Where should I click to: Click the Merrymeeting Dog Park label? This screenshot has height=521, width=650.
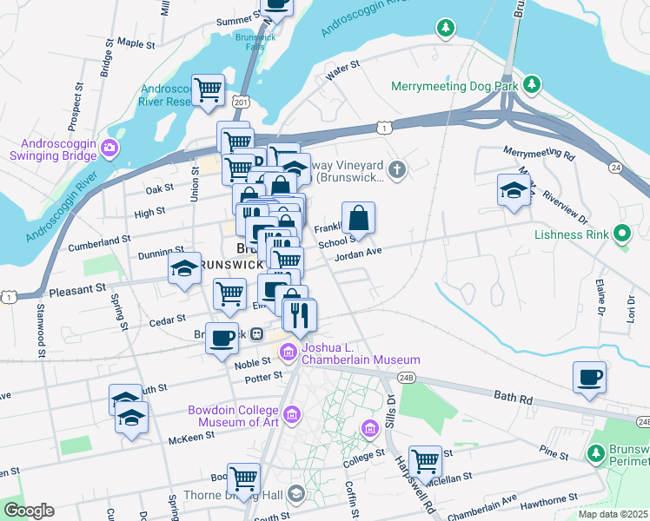[454, 86]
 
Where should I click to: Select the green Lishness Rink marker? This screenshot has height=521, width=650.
[621, 234]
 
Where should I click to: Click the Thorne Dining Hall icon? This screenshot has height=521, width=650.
[296, 495]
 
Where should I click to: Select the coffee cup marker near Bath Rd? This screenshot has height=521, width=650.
[590, 377]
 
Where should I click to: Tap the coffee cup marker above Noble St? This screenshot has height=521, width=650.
[222, 337]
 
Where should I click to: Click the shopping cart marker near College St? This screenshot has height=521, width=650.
[425, 460]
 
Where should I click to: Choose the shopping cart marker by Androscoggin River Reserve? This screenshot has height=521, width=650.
[209, 89]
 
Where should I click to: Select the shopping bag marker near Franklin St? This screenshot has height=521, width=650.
[358, 217]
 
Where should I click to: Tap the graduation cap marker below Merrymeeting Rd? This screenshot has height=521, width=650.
[514, 190]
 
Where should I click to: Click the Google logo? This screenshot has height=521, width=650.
[29, 511]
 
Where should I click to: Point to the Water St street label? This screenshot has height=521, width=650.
[342, 69]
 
